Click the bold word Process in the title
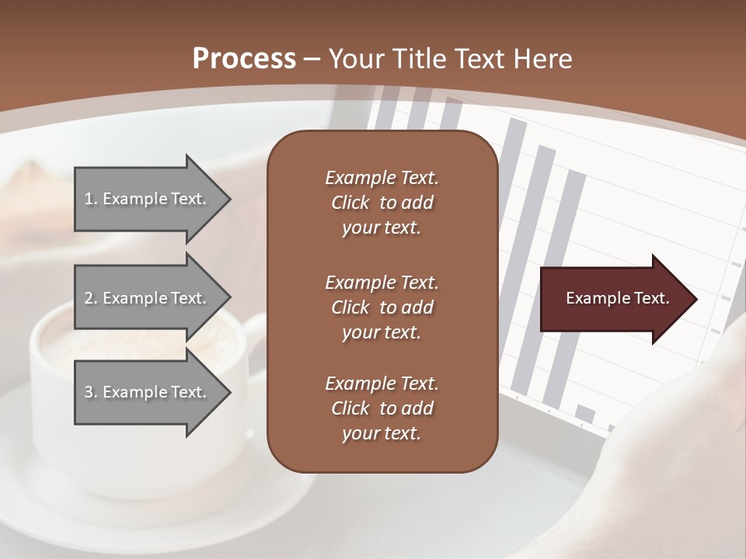point(244,58)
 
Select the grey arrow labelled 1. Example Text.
point(148,199)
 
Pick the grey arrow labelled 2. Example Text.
point(148,298)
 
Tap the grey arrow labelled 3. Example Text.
point(148,392)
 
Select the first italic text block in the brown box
point(382,203)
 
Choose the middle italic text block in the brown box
point(382,307)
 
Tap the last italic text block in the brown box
point(382,408)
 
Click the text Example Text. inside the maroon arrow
point(617,298)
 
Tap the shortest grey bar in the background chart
point(586,413)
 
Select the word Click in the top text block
point(350,203)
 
